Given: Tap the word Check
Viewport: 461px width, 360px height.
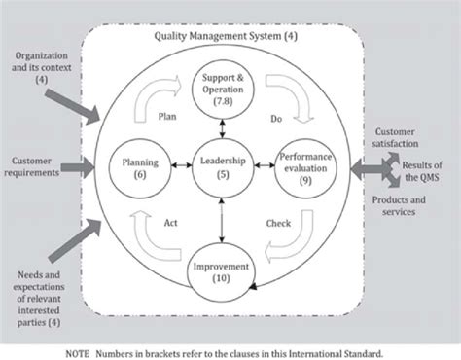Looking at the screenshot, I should point(278,222).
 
